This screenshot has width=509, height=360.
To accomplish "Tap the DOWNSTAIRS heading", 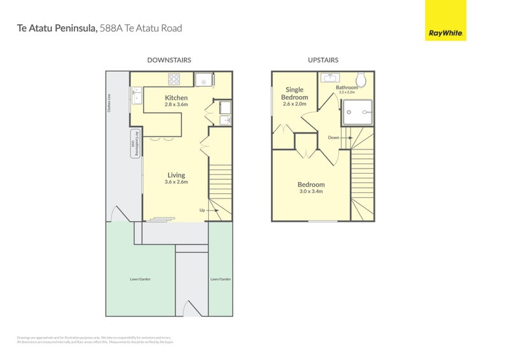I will click(x=169, y=60).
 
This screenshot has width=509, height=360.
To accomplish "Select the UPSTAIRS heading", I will click(x=323, y=60).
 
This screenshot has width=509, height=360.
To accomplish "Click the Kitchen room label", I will click(x=176, y=97).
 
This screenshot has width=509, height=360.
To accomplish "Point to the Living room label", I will click(x=176, y=175).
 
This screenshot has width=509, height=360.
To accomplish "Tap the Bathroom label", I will click(x=347, y=88).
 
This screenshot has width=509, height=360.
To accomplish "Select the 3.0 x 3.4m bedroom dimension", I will click(x=311, y=191).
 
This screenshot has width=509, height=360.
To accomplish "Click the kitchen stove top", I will click(x=176, y=79).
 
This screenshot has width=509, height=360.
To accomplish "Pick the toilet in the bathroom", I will click(x=361, y=80).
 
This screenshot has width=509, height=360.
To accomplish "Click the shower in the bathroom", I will click(x=359, y=113).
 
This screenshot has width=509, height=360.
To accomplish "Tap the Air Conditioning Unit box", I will click(x=135, y=144).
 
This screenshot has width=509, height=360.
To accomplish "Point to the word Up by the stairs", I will click(x=202, y=210).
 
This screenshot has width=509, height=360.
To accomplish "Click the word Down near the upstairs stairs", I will click(x=333, y=137).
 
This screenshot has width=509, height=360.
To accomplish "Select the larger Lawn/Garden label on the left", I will click(x=141, y=279).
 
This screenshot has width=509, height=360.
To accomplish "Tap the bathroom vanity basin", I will click(x=329, y=78).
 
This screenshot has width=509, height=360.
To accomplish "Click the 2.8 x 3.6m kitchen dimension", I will click(x=176, y=104).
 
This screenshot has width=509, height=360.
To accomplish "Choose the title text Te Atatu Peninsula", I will click(x=57, y=28).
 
